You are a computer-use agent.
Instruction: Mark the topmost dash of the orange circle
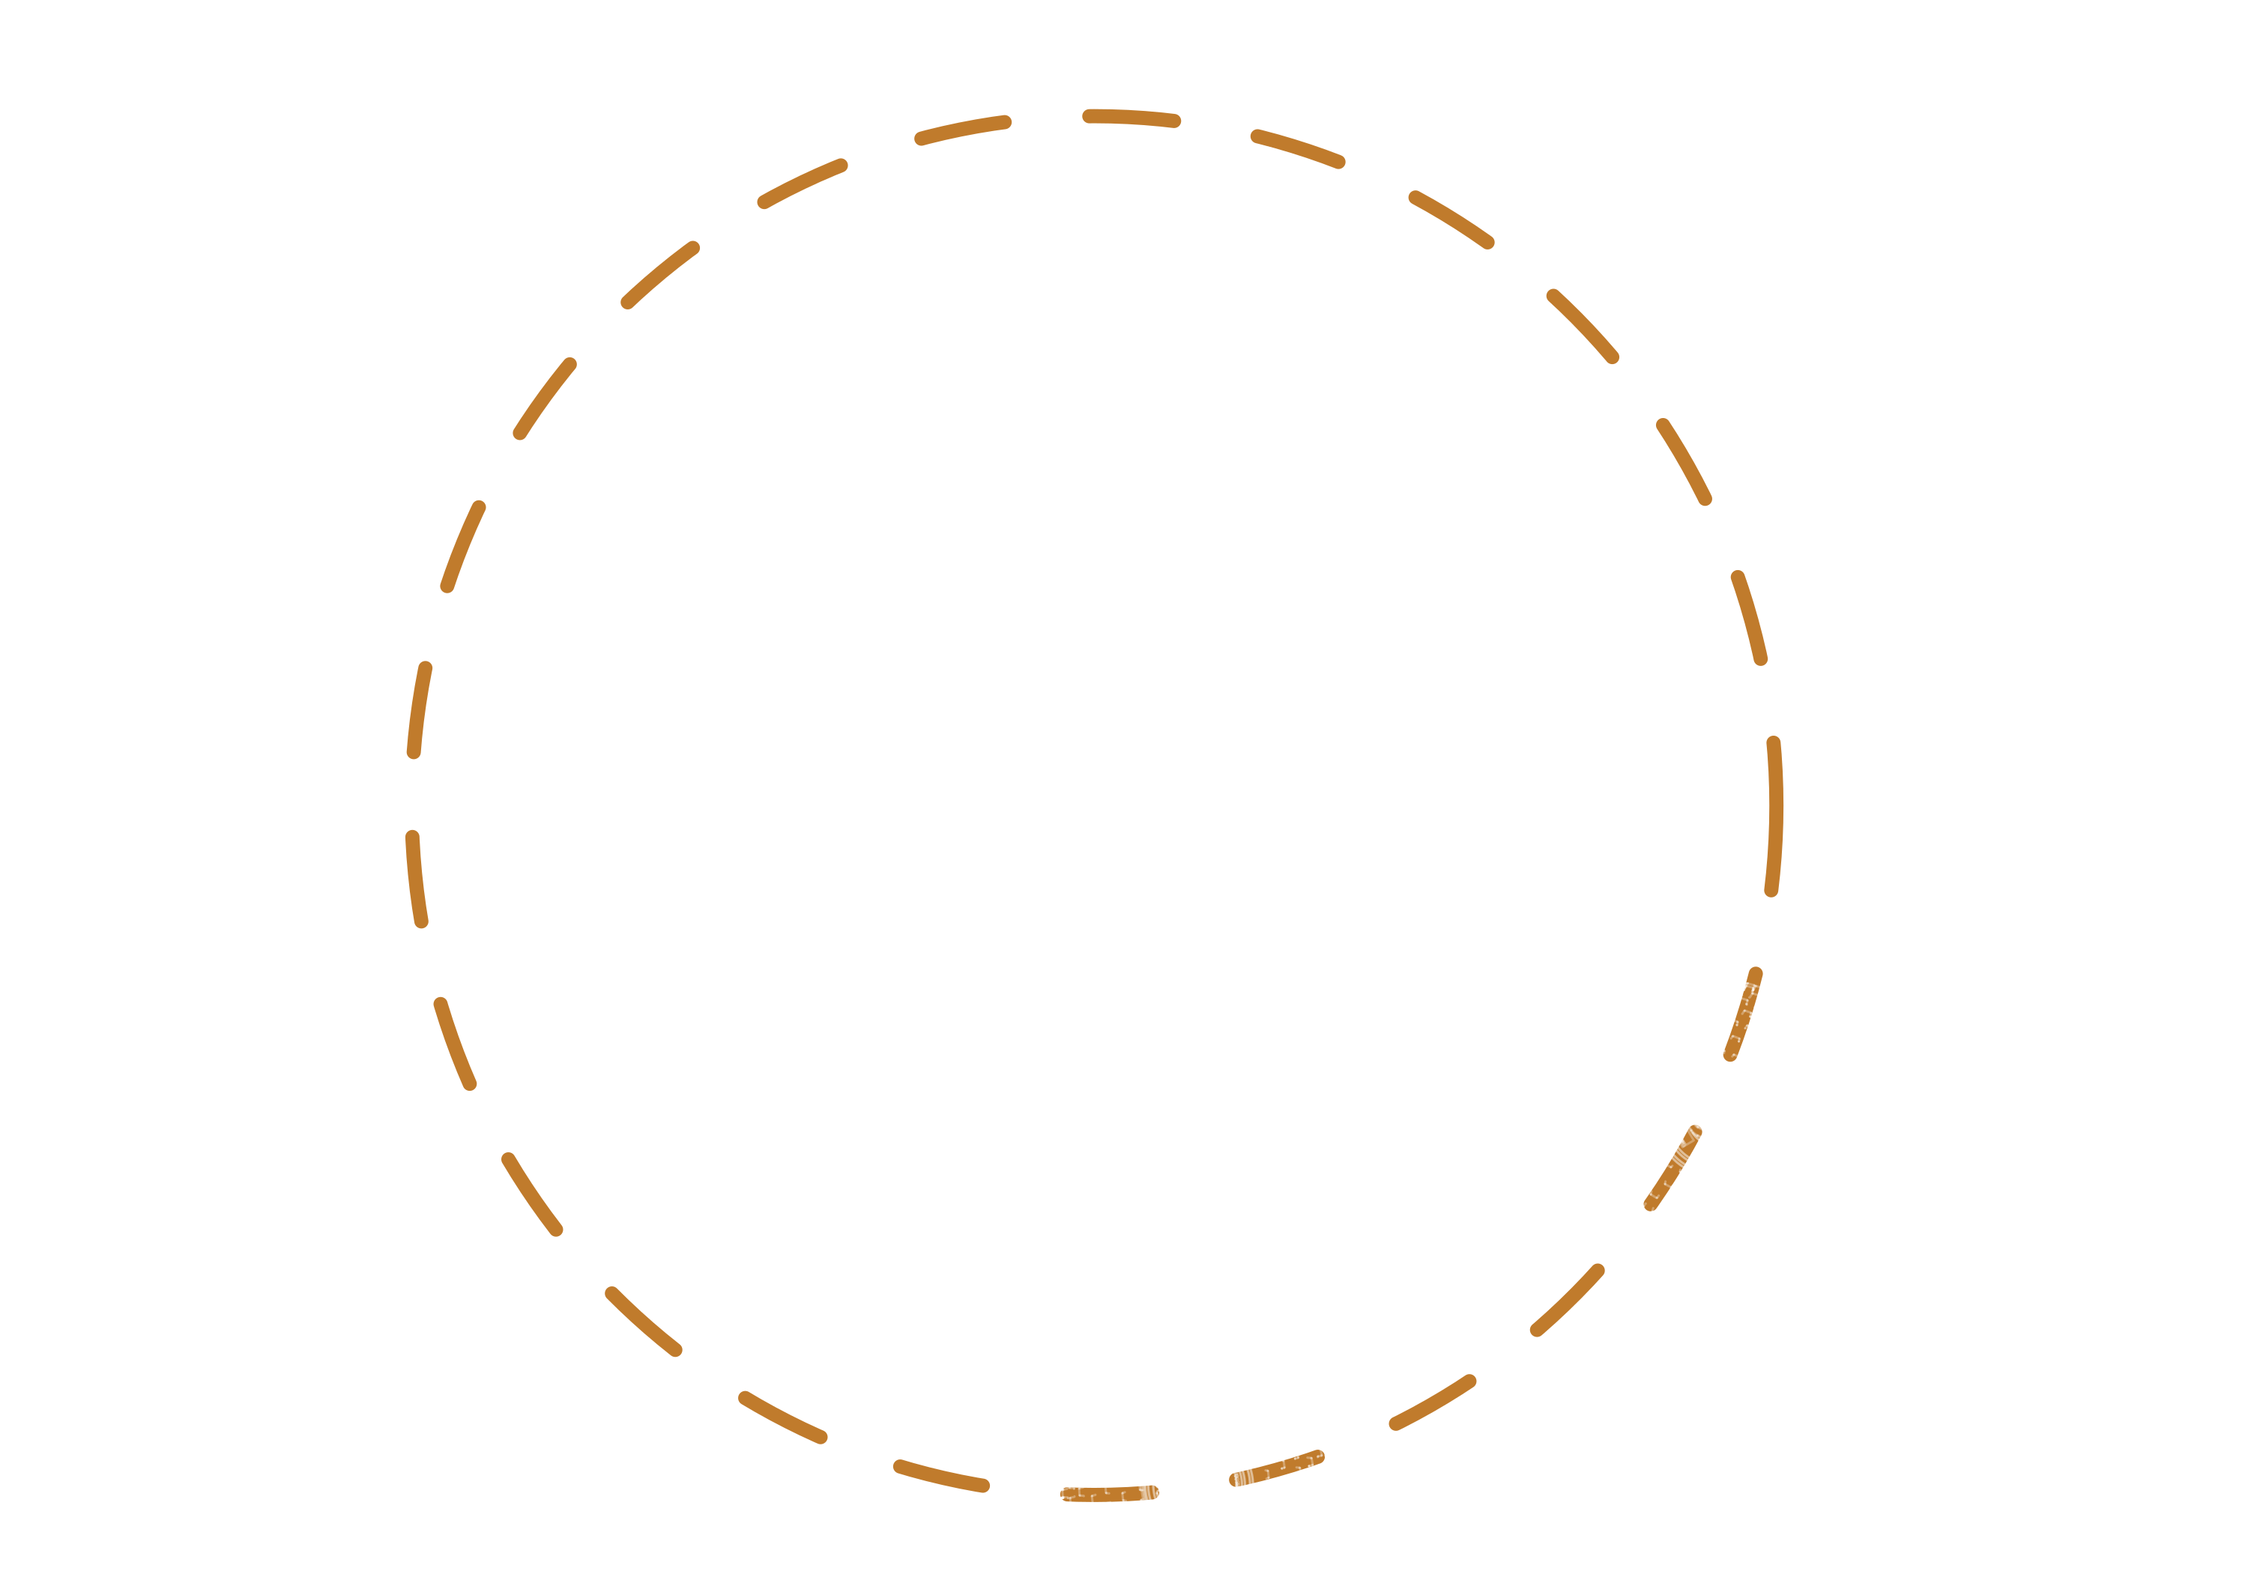coord(1131,118)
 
